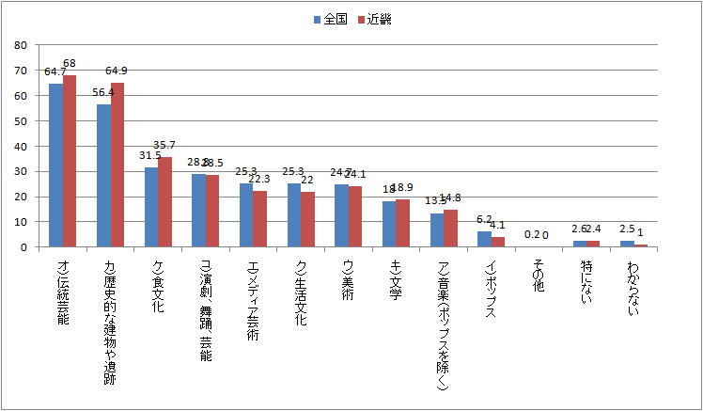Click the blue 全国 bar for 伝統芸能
click(x=55, y=166)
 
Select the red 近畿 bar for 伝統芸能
click(x=70, y=161)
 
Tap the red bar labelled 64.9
click(x=117, y=165)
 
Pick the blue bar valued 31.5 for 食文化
click(x=151, y=207)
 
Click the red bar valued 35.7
click(x=165, y=201)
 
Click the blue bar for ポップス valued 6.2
click(x=485, y=239)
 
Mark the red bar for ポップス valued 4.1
click(x=499, y=242)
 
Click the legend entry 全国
click(x=329, y=19)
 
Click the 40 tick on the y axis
click(x=21, y=146)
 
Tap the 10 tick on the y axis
click(x=21, y=221)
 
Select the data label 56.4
click(x=103, y=92)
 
